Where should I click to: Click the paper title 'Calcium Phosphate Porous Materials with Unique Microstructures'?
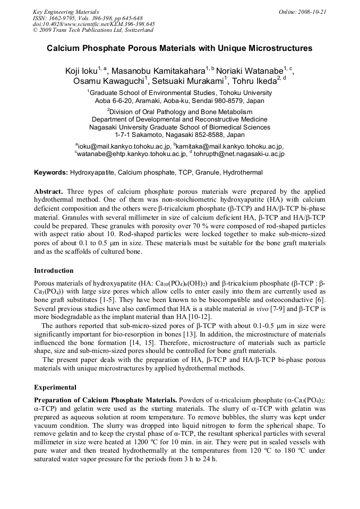[179, 48]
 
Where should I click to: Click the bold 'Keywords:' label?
[51, 172]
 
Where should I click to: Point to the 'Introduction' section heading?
[54, 270]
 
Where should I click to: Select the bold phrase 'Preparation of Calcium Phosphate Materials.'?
[105, 400]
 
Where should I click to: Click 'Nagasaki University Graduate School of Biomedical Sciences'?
[179, 127]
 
